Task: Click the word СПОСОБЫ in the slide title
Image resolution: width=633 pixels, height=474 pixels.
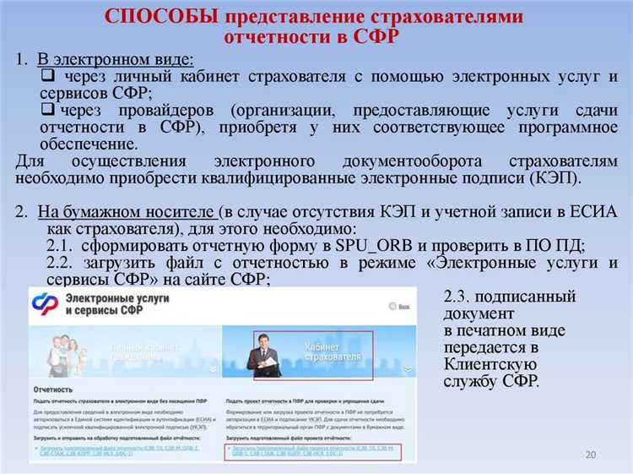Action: [158, 17]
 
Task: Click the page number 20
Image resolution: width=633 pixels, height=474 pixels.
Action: [590, 455]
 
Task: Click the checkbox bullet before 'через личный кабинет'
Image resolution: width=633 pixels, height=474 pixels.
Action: [48, 77]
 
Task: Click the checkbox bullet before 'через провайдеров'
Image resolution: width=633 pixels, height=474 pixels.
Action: [48, 111]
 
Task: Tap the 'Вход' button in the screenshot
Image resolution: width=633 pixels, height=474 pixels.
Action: [405, 307]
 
